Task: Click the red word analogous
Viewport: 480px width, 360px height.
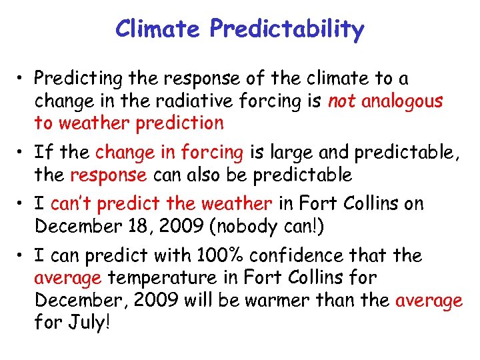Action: click(403, 101)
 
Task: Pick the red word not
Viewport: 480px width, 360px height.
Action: click(341, 101)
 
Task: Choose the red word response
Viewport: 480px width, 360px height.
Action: click(107, 175)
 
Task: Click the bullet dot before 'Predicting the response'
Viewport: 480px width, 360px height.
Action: click(22, 79)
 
